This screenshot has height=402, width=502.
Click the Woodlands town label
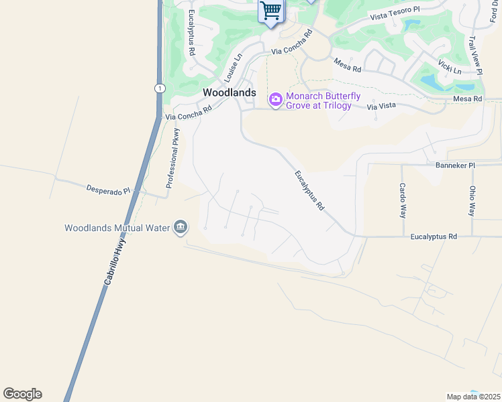coord(230,92)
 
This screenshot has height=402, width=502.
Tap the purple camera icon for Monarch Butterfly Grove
coord(275,100)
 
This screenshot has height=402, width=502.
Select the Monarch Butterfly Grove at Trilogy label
coord(319,100)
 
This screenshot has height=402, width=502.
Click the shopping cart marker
coord(270,11)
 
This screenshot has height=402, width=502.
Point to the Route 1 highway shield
coord(159,88)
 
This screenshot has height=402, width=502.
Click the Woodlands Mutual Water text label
coord(117,228)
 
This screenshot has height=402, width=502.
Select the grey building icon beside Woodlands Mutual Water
coord(180,228)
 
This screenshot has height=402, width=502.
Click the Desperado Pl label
coord(107,190)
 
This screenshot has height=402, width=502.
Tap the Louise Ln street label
coord(232,69)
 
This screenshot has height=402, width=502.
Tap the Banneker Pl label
coord(455,165)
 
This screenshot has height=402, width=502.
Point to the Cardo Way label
coord(403,200)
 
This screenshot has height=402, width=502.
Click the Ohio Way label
coord(472,201)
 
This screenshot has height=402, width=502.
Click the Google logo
coord(23,394)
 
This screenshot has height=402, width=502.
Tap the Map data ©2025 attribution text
coord(473,397)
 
